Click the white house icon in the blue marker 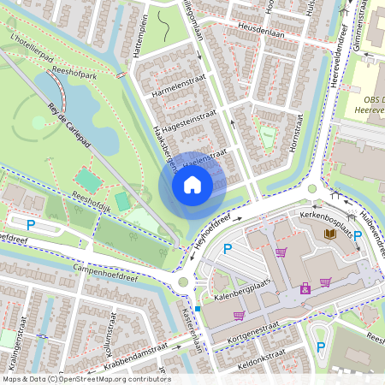[x=192, y=185]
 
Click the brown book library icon [x=329, y=233]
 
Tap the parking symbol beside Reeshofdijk [x=31, y=225]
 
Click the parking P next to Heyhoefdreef [x=228, y=249]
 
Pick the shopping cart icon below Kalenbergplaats [x=238, y=316]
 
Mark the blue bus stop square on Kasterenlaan [x=198, y=308]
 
